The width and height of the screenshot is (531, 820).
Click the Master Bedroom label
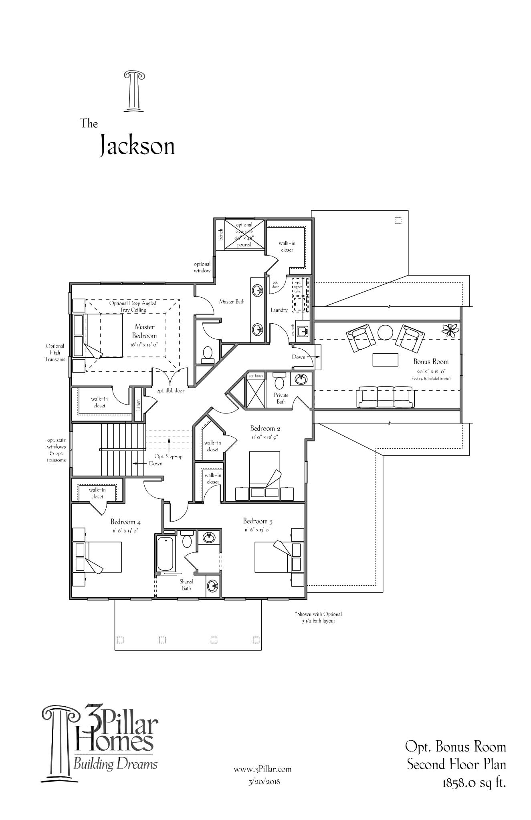pos(145,331)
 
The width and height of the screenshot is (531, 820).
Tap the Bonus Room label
pos(431,361)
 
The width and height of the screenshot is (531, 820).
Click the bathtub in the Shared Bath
pos(165,554)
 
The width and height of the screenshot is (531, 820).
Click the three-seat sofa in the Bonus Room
pos(386,397)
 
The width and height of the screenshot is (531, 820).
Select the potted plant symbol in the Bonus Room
pos(448,329)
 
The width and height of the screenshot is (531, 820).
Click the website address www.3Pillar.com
pos(262,769)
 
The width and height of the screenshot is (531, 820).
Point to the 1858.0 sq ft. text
pos(474,782)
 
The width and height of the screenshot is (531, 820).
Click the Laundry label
pos(279,310)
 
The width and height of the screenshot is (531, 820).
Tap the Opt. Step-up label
pos(169,456)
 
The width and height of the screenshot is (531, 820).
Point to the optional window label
pos(202,267)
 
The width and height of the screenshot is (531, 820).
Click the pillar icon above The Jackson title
pos(134,91)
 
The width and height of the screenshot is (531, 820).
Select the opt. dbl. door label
pos(170,391)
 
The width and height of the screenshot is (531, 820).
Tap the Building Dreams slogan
pos(115,764)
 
